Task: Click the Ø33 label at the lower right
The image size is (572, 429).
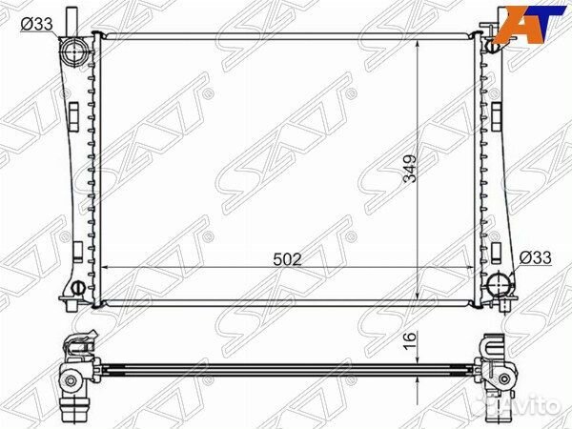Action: click(538, 256)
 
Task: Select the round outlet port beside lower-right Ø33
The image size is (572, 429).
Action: click(500, 284)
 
